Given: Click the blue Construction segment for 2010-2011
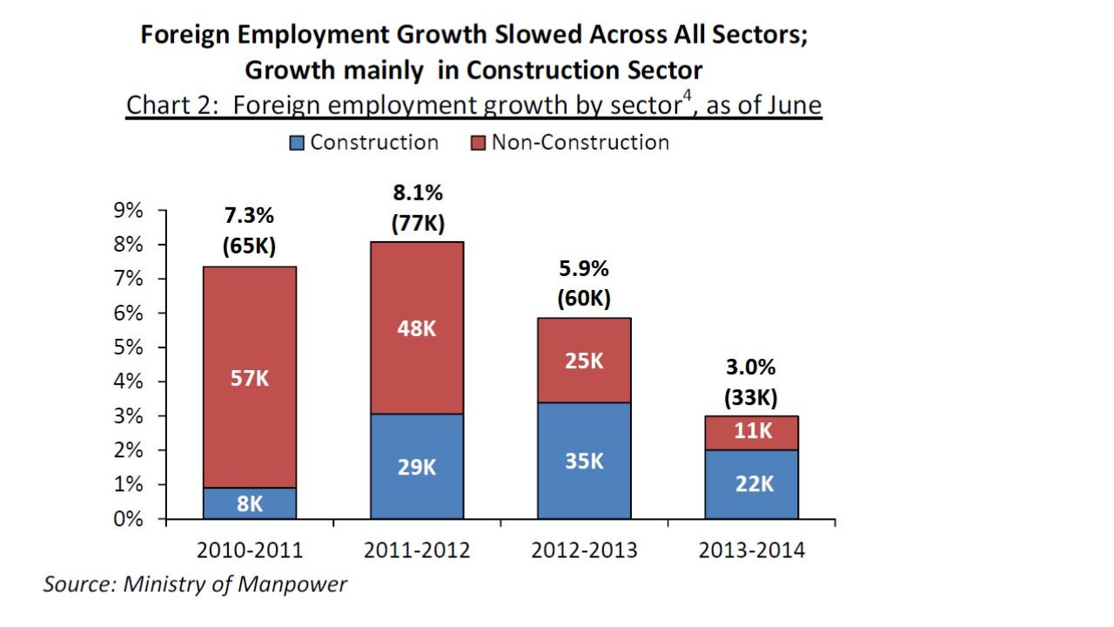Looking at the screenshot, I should click(249, 502).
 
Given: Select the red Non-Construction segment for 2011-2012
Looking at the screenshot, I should click(417, 327).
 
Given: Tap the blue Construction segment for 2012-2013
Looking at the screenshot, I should click(584, 461).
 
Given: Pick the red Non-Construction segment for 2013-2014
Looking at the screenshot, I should click(751, 433).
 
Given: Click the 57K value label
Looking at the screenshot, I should click(249, 380).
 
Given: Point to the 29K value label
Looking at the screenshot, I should click(417, 468).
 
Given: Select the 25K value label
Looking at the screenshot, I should click(584, 361).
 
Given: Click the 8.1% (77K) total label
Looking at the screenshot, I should click(417, 208).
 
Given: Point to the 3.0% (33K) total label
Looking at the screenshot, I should click(751, 383).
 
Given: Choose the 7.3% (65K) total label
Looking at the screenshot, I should click(249, 231).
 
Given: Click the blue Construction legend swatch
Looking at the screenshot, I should click(297, 143).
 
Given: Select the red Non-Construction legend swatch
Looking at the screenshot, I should click(478, 143).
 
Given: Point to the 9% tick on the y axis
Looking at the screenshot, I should click(129, 211).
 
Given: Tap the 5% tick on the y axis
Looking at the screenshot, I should click(129, 347).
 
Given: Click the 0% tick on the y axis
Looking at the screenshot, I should click(129, 519).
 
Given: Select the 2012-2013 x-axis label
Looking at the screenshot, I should click(584, 550).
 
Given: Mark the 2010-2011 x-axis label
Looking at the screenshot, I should click(249, 550).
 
